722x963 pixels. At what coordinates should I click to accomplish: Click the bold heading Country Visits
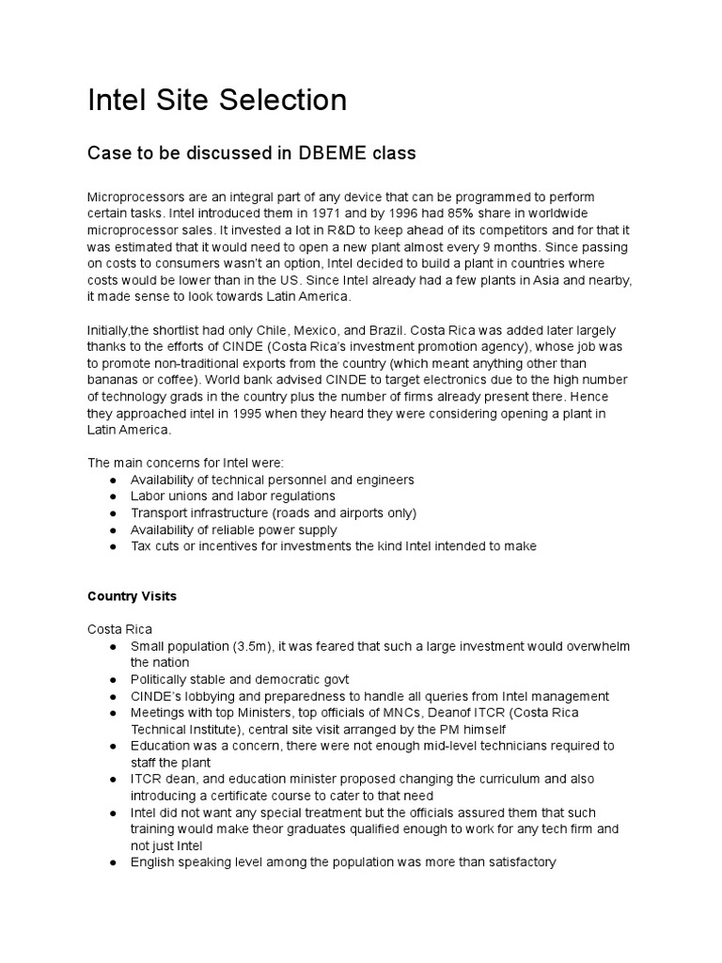click(x=132, y=596)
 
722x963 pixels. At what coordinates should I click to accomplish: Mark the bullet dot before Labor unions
click(x=113, y=497)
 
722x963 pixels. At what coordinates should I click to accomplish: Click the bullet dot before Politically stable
click(x=113, y=679)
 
